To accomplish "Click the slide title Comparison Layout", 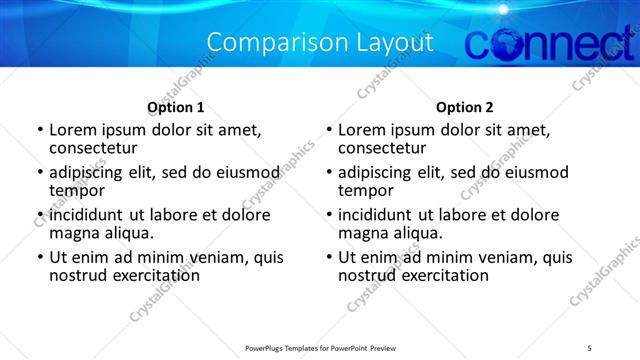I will (x=320, y=43).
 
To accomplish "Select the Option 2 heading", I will (x=465, y=107).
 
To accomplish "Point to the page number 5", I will (x=590, y=346).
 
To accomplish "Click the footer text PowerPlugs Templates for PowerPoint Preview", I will (x=318, y=346).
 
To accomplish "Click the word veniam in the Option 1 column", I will (x=199, y=257).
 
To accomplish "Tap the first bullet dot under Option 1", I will (x=38, y=130).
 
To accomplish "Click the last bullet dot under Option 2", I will (x=328, y=257).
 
